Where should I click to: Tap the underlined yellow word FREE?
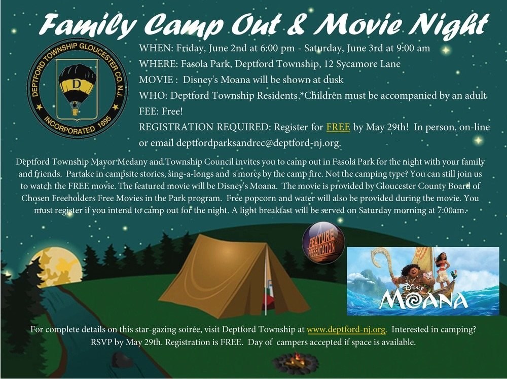(x=338, y=127)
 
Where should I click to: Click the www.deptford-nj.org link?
(x=346, y=329)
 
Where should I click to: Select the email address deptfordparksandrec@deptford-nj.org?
(x=258, y=142)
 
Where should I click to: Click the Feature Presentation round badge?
(x=323, y=243)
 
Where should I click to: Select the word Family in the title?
(x=87, y=24)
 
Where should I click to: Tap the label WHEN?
(x=156, y=48)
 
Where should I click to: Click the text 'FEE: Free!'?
(x=161, y=111)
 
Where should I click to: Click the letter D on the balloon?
(x=77, y=84)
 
